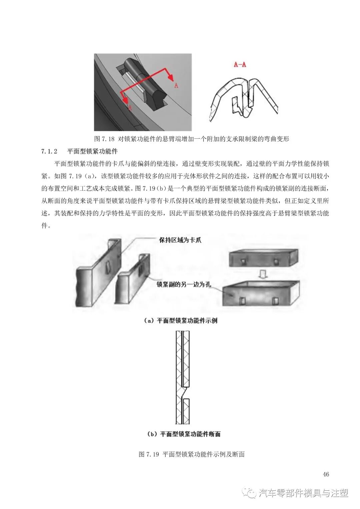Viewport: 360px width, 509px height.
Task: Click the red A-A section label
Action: [x=240, y=64]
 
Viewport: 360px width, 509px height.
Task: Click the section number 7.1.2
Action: [x=49, y=151]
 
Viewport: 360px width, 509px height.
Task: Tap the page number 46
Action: [x=326, y=474]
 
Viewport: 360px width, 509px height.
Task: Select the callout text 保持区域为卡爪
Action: [x=180, y=240]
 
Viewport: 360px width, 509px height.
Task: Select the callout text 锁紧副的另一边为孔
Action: [x=184, y=284]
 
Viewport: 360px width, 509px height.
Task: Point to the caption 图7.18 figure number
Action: [x=104, y=139]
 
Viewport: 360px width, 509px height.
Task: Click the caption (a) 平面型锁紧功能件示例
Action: [x=180, y=321]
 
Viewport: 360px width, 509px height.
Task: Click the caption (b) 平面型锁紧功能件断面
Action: [x=184, y=434]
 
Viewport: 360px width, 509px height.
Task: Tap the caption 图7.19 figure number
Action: [x=149, y=454]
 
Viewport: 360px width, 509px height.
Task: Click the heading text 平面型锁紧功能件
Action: [x=92, y=151]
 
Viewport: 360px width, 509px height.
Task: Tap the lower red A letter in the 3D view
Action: [x=130, y=108]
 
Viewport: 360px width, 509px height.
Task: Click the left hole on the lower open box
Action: [x=242, y=300]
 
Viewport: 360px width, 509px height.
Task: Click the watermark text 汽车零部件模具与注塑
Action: [x=303, y=493]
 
